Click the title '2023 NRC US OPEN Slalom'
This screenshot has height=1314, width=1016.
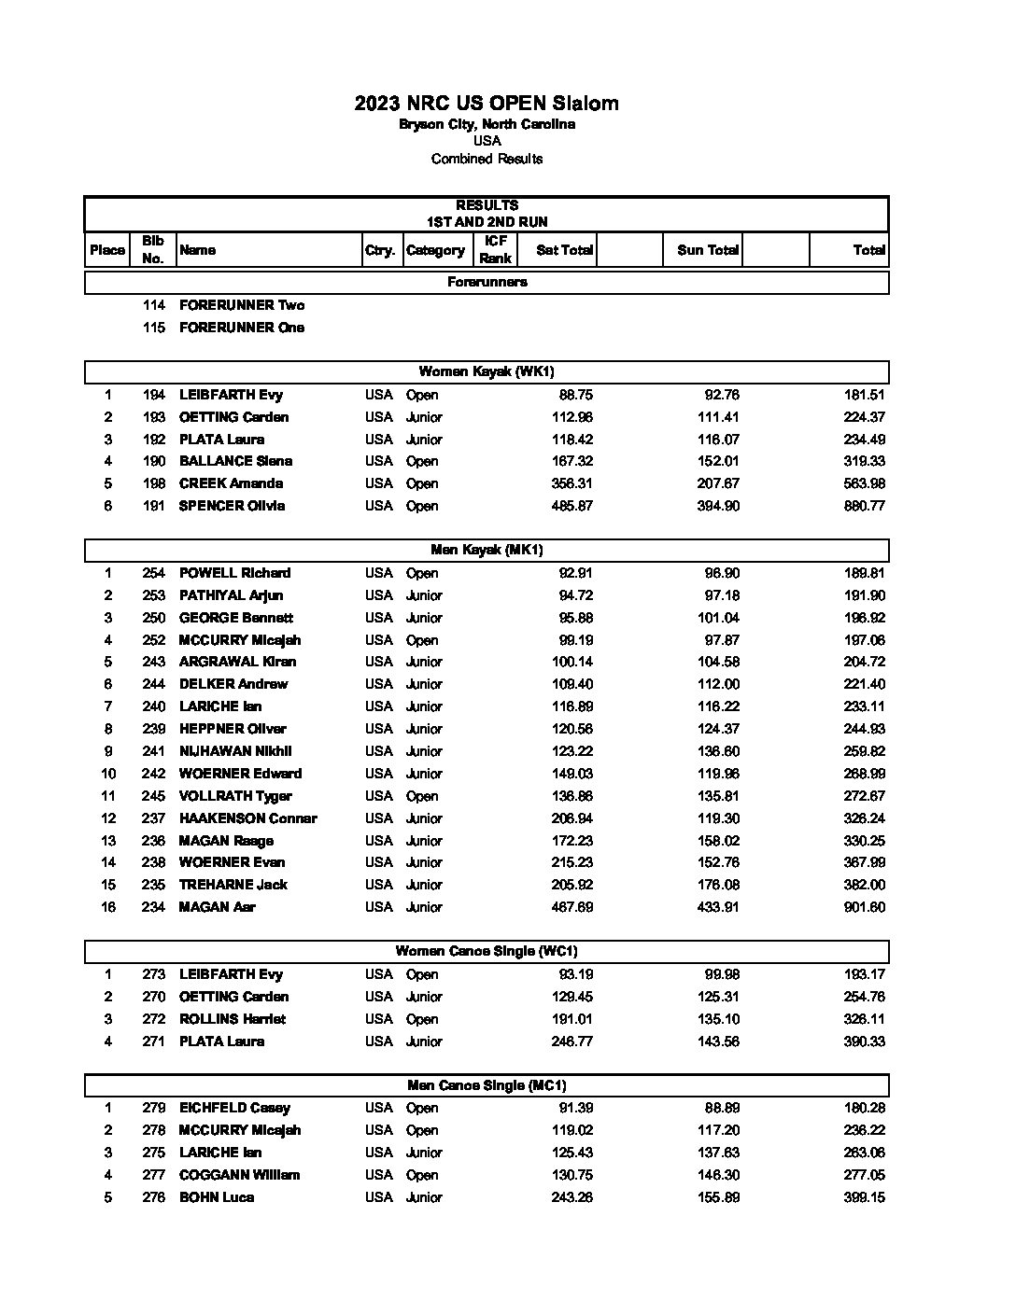click(x=487, y=104)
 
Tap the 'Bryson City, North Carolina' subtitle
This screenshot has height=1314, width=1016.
click(x=487, y=124)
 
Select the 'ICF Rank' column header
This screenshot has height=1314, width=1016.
click(x=495, y=249)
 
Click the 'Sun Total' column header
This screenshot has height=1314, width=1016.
click(x=708, y=250)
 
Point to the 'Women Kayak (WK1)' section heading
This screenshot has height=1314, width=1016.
click(x=487, y=371)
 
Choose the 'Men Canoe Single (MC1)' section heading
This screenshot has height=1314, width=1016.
click(x=487, y=1085)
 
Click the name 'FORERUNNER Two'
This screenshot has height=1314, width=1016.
click(x=241, y=305)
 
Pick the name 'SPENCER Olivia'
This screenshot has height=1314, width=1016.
click(x=232, y=506)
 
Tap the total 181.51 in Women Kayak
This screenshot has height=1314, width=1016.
click(x=864, y=395)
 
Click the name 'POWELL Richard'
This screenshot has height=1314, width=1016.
click(x=234, y=573)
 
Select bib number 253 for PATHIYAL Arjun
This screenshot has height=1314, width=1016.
click(x=153, y=595)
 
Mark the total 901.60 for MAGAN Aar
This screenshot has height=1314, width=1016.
click(x=864, y=907)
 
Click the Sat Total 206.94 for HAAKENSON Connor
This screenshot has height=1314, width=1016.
click(x=571, y=818)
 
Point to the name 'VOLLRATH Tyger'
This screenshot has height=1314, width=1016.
click(x=235, y=796)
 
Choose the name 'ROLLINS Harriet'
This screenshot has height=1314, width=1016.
click(x=233, y=1019)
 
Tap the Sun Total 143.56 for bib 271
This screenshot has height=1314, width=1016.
click(x=718, y=1041)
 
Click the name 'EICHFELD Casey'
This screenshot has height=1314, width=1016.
click(x=234, y=1108)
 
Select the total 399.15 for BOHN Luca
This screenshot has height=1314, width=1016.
click(x=864, y=1197)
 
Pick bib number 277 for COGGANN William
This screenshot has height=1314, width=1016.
click(x=153, y=1175)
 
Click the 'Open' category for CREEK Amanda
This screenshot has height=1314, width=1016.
click(x=422, y=483)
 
